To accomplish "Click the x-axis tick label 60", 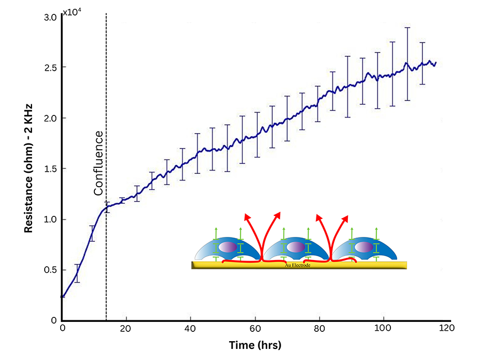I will pyautogui.click(x=255, y=328).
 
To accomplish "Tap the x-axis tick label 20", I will pyautogui.click(x=126, y=328).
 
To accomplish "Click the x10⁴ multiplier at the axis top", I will pyautogui.click(x=72, y=12).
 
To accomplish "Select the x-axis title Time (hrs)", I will pyautogui.click(x=255, y=346).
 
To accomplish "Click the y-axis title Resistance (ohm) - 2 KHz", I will pyautogui.click(x=28, y=168).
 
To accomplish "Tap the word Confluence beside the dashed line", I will pyautogui.click(x=98, y=163).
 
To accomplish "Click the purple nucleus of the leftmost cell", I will pyautogui.click(x=229, y=247).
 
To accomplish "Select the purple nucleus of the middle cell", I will pyautogui.click(x=295, y=247).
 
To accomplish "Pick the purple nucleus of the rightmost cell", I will pyautogui.click(x=363, y=247).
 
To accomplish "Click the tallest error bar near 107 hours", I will pyautogui.click(x=408, y=63).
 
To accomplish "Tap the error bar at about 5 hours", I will pyautogui.click(x=77, y=273).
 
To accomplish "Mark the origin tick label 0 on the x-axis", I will pyautogui.click(x=62, y=328).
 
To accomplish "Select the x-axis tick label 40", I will pyautogui.click(x=191, y=328).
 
